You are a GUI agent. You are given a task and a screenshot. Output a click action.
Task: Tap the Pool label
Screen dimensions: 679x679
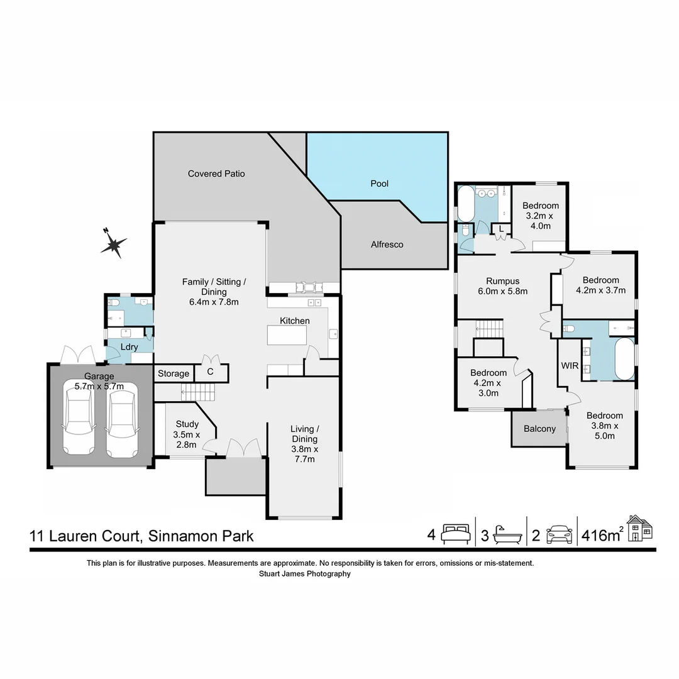click(x=379, y=184)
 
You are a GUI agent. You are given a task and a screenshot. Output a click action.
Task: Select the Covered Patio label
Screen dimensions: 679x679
click(x=216, y=174)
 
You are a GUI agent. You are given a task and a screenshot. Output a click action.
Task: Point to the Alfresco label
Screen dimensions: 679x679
click(x=387, y=245)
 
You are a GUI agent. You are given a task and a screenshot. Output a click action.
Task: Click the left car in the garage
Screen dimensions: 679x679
click(x=80, y=422)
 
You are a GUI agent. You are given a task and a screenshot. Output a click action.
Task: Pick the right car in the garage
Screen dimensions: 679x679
click(x=121, y=423)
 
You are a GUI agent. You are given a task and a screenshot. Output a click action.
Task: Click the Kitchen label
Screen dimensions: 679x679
click(x=295, y=321)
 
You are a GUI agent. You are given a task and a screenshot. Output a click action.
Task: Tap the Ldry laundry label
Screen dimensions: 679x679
click(x=130, y=347)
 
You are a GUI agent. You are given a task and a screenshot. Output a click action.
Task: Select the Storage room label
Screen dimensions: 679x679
click(x=173, y=373)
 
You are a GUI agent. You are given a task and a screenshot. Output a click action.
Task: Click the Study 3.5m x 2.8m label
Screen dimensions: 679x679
click(x=187, y=434)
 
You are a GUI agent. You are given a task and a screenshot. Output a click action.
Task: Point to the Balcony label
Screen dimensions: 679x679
click(x=539, y=429)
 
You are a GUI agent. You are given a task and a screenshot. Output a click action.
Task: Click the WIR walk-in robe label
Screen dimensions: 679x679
click(x=570, y=365)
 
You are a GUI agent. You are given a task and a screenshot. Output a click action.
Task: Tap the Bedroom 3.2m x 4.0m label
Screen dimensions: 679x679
click(x=540, y=216)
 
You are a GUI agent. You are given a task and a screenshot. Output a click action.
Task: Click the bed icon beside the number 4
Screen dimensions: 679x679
click(x=456, y=534)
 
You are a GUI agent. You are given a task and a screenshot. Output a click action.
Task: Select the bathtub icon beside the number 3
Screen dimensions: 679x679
click(x=506, y=534)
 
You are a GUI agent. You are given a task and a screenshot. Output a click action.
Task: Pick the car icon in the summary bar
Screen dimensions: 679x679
click(x=559, y=534)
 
